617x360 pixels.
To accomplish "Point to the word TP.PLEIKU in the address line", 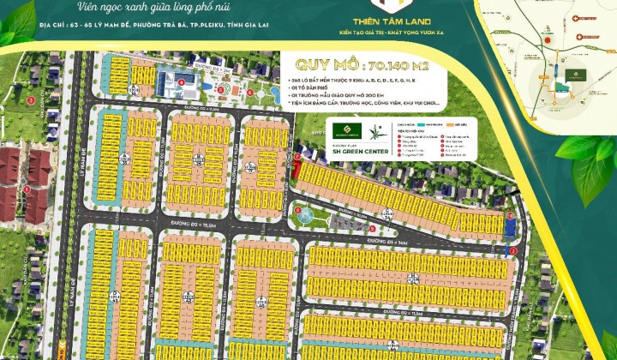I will click(190, 26).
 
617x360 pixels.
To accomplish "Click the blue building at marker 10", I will click(511, 227).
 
